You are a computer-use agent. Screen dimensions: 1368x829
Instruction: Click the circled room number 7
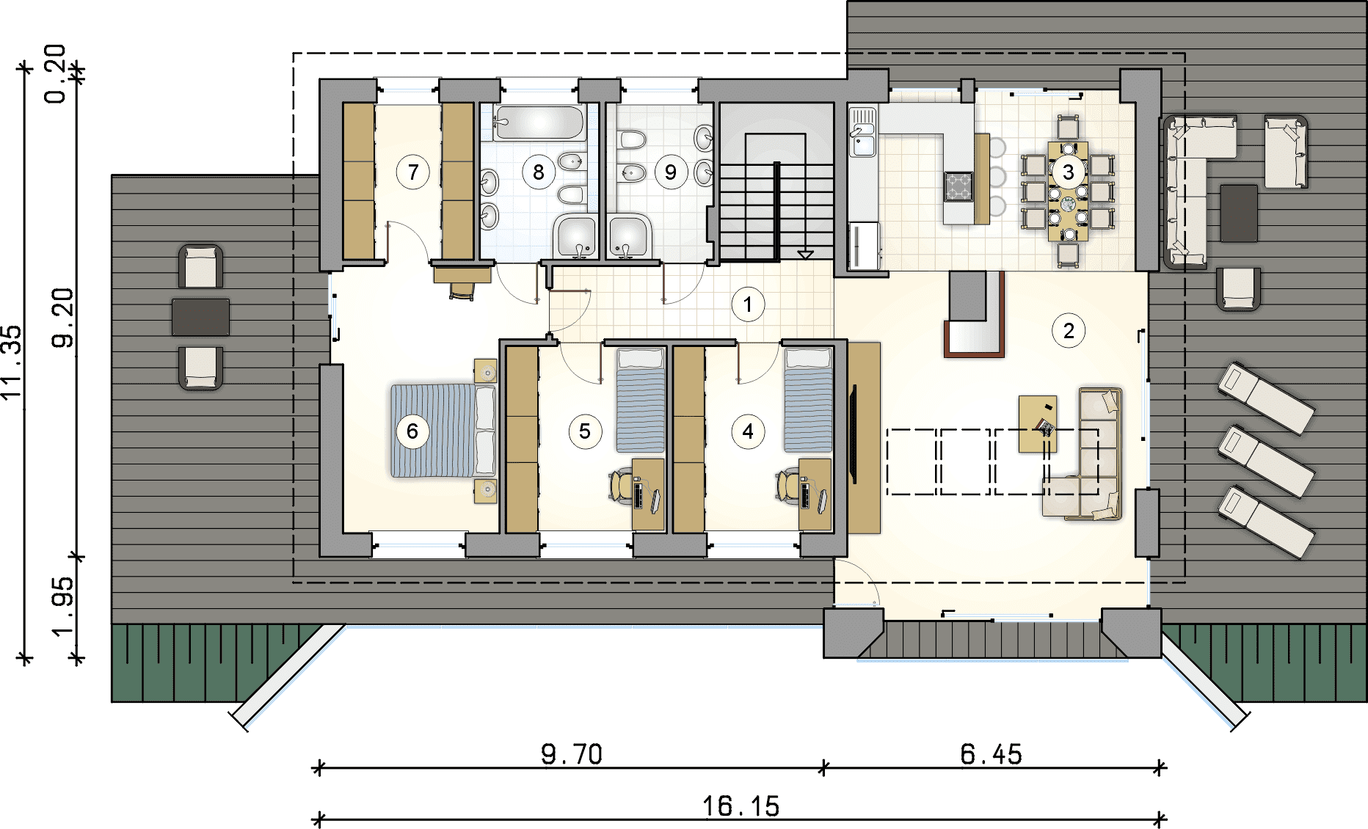[413, 172]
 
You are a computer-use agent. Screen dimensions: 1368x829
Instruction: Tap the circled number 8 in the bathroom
[539, 172]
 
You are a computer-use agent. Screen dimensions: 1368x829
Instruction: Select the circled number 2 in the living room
[1069, 331]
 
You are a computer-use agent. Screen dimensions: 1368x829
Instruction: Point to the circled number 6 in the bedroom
[412, 431]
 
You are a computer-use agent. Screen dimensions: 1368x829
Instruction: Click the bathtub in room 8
[539, 123]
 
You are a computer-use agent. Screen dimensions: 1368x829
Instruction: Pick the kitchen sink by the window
[863, 132]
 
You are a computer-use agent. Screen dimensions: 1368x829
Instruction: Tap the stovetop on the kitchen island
[958, 186]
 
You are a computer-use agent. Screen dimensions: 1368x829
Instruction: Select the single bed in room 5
[640, 401]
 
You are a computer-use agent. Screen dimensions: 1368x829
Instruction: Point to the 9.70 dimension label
[572, 754]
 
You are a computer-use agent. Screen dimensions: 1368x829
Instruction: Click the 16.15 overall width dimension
[741, 806]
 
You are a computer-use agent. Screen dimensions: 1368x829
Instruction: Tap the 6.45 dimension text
[991, 754]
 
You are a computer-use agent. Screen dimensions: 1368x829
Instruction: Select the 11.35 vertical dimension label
[12, 362]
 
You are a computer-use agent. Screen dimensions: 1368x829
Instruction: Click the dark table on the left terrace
[200, 317]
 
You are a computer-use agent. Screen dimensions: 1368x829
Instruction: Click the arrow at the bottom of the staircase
[805, 255]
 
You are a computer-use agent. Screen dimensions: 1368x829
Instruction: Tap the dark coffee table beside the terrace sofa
[1239, 213]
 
